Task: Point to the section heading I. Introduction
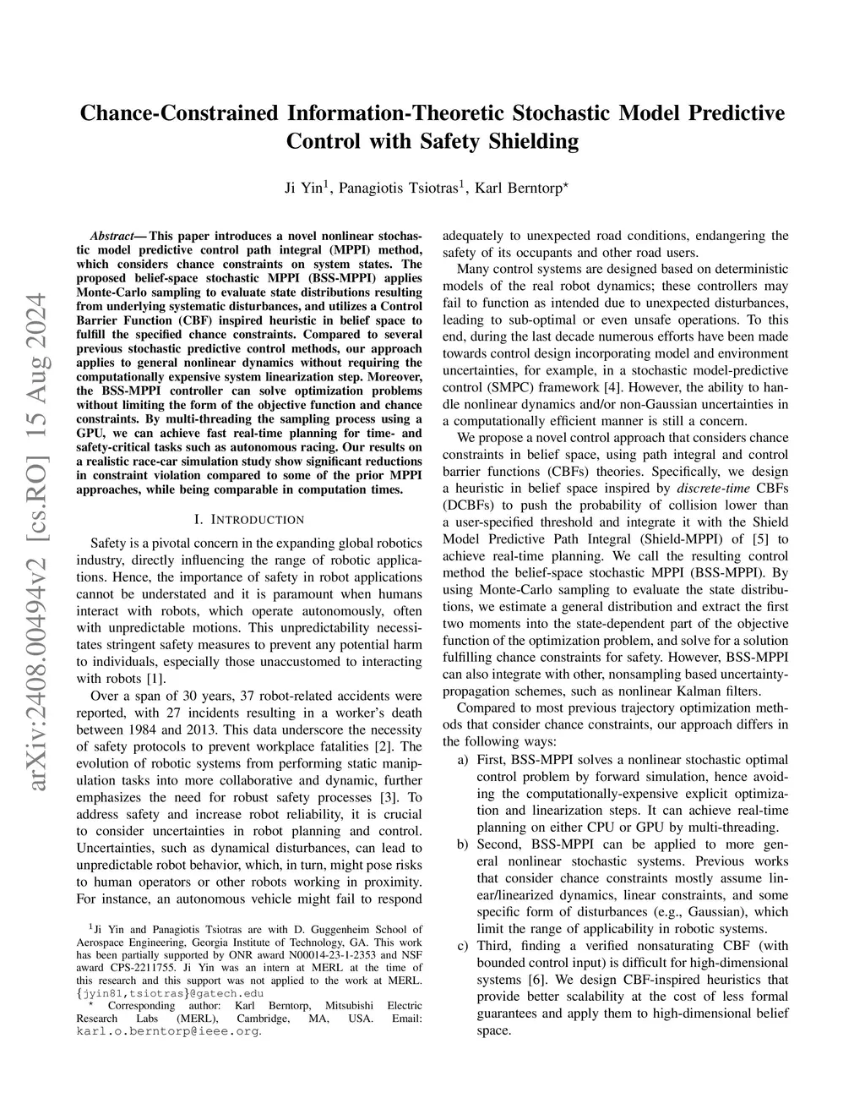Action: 249,519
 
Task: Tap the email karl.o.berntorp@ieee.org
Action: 168,1031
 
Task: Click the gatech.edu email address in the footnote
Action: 170,993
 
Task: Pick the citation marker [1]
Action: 156,679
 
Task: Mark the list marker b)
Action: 464,844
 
